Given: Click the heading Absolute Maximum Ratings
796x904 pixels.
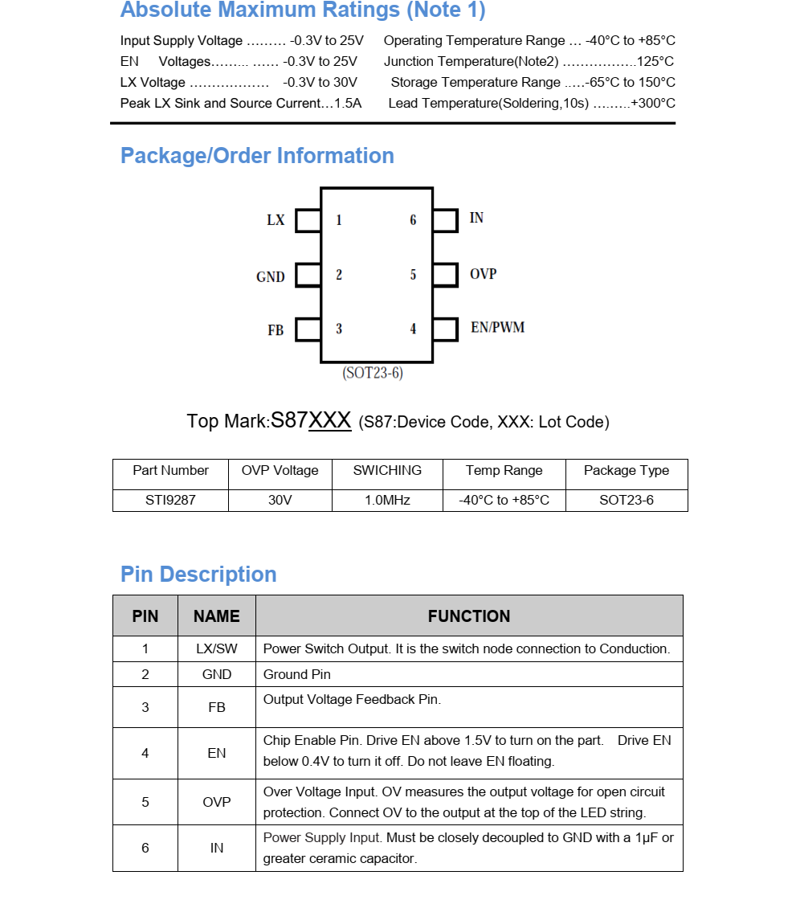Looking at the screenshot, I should (302, 10).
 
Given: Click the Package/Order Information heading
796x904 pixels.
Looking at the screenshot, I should (257, 156).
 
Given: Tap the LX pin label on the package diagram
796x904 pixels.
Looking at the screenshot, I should (276, 220).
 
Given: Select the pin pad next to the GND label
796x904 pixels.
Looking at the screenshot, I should (308, 276).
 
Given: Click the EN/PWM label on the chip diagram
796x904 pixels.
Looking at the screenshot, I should (497, 328).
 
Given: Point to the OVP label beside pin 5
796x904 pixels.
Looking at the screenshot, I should (483, 274).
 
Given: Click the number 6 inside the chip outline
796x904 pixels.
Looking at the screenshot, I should (413, 220).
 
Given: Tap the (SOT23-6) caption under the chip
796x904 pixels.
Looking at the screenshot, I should (373, 374).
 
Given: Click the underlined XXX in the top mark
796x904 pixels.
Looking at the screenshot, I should (330, 420).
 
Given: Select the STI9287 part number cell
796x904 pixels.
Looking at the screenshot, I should (170, 500).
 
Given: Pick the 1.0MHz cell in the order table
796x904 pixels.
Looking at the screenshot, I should (387, 500).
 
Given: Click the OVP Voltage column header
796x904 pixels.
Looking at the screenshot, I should (280, 471).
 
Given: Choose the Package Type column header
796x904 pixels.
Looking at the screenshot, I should (626, 471).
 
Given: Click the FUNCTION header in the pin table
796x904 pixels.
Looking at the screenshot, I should (469, 616).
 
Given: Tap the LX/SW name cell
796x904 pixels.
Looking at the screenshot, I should (217, 648).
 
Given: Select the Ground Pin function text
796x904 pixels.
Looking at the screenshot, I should (297, 674).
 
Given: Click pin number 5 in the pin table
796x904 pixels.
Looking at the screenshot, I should (145, 802).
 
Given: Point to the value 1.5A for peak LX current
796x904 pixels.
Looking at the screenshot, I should (348, 103).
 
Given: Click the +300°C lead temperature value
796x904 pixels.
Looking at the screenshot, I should (653, 103).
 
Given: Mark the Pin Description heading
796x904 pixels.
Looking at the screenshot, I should (198, 575).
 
